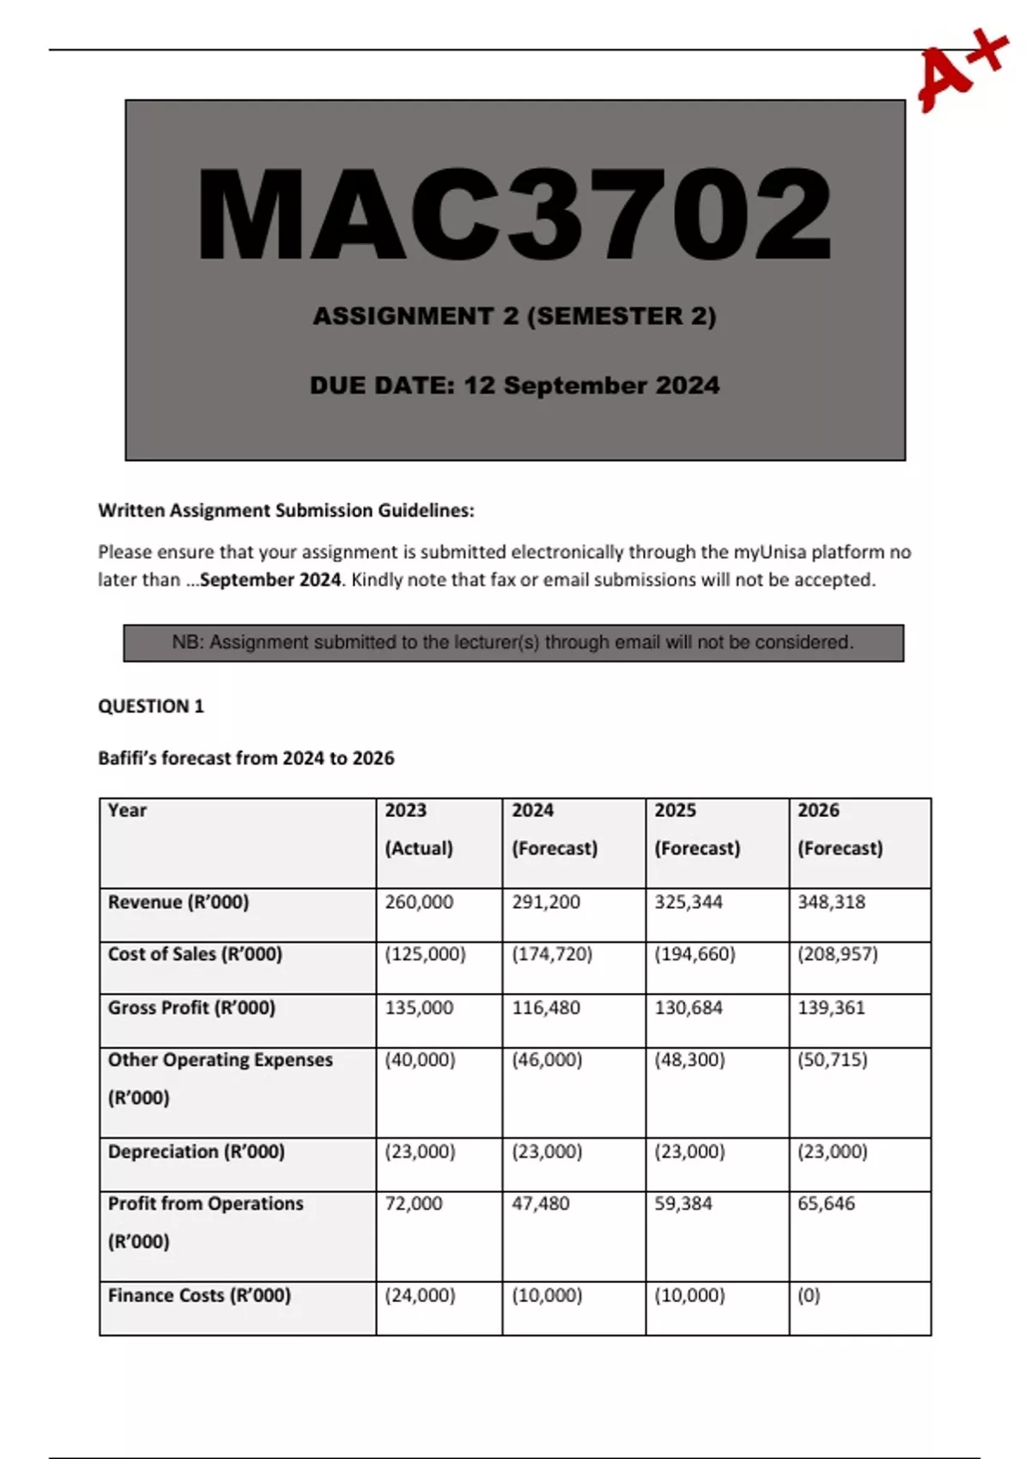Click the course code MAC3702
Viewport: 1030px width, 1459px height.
[514, 215]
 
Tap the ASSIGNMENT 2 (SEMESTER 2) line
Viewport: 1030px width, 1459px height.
[514, 316]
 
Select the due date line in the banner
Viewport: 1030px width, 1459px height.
[514, 385]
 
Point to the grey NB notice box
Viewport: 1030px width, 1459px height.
[513, 643]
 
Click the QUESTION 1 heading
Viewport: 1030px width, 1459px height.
[151, 706]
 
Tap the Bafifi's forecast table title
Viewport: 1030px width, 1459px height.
[246, 758]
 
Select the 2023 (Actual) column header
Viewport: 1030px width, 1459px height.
[419, 829]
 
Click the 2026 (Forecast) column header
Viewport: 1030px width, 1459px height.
[839, 829]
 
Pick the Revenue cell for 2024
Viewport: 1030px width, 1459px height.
[546, 902]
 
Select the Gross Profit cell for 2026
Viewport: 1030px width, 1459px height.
[831, 1008]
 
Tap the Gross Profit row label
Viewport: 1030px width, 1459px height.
[191, 1008]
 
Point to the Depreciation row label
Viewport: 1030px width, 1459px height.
[196, 1152]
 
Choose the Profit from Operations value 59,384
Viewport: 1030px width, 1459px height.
[683, 1203]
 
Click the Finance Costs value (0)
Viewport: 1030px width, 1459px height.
[809, 1295]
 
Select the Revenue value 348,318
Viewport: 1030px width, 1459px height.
[831, 902]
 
